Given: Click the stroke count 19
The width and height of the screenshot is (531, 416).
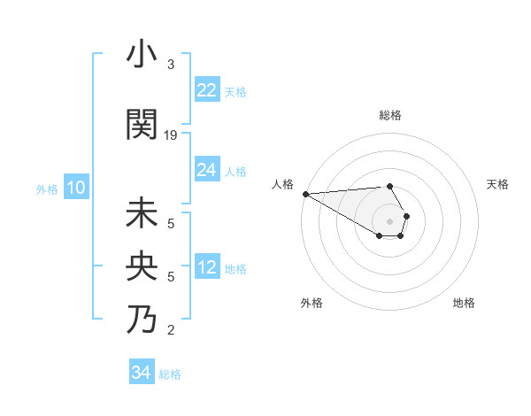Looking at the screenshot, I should (x=172, y=135).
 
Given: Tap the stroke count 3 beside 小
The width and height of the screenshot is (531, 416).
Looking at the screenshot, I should (x=171, y=65).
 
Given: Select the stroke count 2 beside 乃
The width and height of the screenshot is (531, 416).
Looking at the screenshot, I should (x=171, y=330).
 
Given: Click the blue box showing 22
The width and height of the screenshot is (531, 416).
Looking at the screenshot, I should (x=206, y=90).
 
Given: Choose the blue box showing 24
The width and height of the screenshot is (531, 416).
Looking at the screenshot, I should (x=206, y=170).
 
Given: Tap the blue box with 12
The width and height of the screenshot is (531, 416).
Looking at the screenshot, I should (x=206, y=267).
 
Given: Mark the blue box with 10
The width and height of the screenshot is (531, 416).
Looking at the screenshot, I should (x=76, y=188).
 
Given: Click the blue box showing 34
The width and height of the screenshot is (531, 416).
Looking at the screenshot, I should (x=142, y=373).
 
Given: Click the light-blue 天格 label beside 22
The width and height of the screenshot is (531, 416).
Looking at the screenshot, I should (x=235, y=91).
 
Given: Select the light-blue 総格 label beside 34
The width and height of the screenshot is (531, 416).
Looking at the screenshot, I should (x=170, y=374).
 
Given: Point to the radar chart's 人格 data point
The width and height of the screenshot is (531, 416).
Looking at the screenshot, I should (x=305, y=194).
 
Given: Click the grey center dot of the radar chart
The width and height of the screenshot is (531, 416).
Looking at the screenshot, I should (x=389, y=220).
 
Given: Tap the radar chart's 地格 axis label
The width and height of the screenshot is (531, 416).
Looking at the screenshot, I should (x=464, y=303).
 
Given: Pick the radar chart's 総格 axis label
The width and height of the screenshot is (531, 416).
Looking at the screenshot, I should (x=389, y=115).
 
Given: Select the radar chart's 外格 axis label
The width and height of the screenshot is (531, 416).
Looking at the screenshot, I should (x=312, y=303).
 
